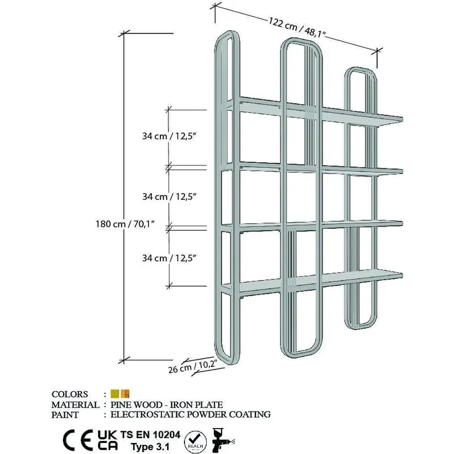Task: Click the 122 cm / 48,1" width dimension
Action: click(297, 27)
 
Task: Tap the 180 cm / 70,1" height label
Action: click(125, 224)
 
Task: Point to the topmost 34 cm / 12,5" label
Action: click(170, 136)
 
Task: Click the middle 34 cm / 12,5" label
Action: click(170, 197)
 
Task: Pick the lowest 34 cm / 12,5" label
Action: click(170, 258)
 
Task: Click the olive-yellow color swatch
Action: click(115, 394)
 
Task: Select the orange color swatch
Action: click(125, 394)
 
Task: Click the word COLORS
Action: click(70, 394)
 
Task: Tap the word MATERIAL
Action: click(75, 405)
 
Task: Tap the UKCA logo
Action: click(107, 440)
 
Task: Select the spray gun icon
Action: click(223, 440)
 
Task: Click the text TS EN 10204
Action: click(151, 435)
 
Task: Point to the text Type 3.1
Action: click(151, 447)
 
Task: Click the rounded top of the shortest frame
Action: click(360, 70)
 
